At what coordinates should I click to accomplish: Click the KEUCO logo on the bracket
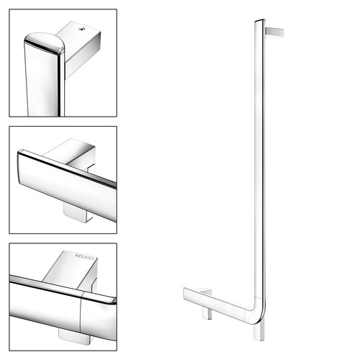click(x=84, y=256)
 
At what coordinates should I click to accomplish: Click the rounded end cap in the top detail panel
click(x=44, y=42)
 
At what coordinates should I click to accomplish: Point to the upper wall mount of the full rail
click(x=274, y=32)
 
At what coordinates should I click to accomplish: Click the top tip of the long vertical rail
click(x=260, y=20)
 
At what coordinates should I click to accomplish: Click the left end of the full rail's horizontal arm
click(x=184, y=293)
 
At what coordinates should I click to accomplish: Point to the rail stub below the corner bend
click(x=259, y=331)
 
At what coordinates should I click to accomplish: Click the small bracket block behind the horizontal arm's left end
click(x=204, y=291)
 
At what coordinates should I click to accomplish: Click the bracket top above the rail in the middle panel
click(x=71, y=152)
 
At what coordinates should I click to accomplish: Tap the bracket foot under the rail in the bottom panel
click(x=75, y=336)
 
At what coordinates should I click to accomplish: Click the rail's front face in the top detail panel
click(x=41, y=81)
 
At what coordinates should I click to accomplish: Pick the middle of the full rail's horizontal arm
click(x=216, y=303)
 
